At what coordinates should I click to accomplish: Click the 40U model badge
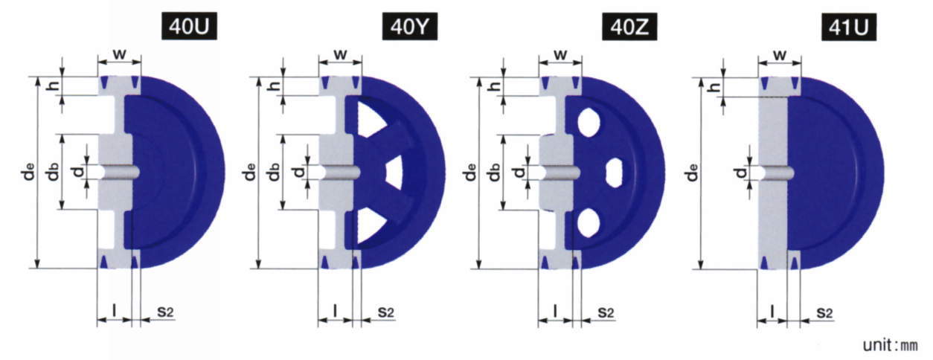[x=189, y=27]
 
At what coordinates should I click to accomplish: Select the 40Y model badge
[x=410, y=27]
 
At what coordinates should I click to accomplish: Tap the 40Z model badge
[x=629, y=27]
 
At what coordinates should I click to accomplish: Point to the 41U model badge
[x=849, y=27]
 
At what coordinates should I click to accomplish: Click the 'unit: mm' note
[x=890, y=345]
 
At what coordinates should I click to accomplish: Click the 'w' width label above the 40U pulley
[x=120, y=54]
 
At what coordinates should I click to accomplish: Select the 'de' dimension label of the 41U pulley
[x=692, y=173]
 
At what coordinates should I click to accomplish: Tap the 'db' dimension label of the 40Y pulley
[x=273, y=172]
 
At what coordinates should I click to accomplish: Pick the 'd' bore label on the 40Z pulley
[x=519, y=172]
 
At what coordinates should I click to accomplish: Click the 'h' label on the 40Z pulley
[x=495, y=86]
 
